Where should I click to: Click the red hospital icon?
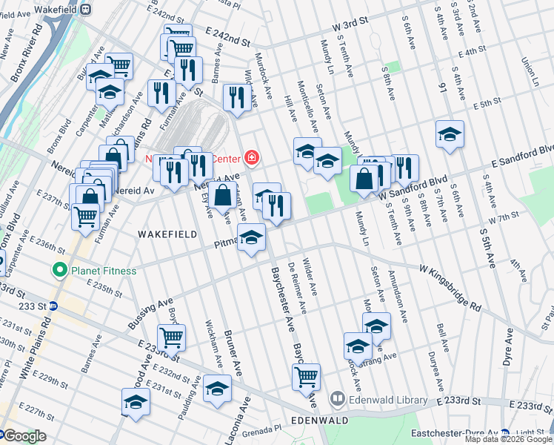252,157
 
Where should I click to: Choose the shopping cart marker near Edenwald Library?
306,376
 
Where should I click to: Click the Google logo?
24,437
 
